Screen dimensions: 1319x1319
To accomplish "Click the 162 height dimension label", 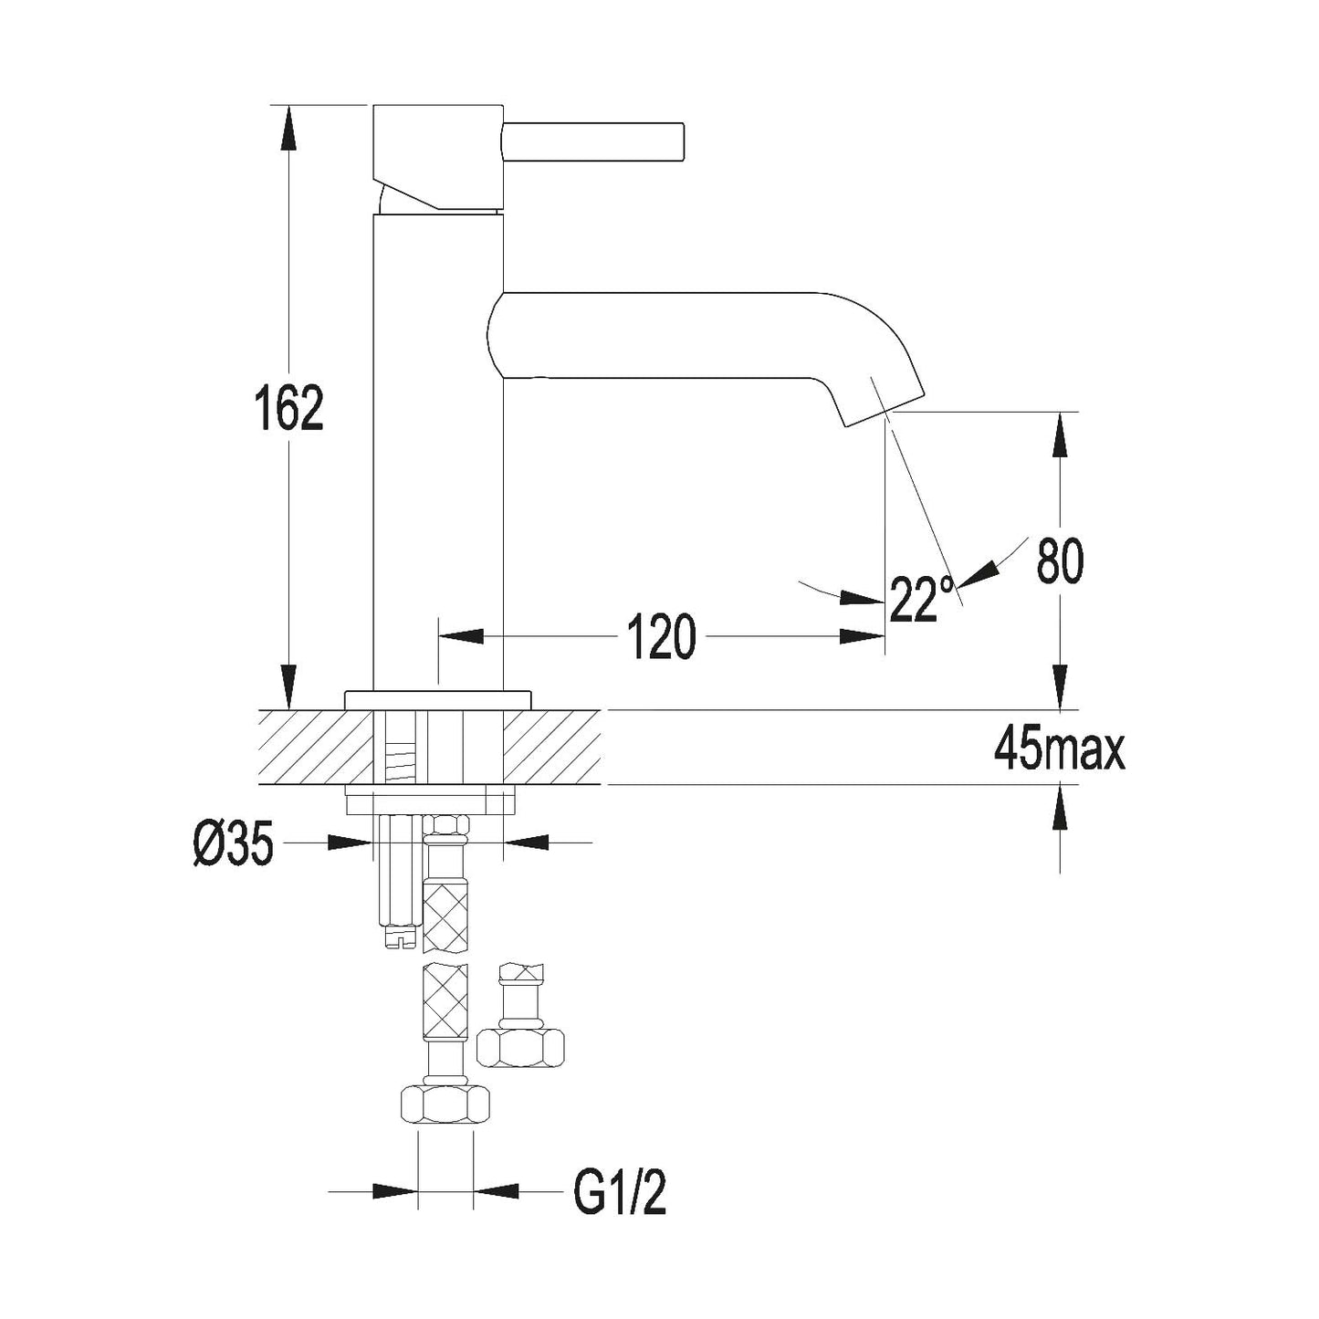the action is [x=288, y=408].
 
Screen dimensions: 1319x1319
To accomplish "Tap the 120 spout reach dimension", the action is [x=661, y=636].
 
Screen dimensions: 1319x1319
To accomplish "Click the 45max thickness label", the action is [x=1059, y=751].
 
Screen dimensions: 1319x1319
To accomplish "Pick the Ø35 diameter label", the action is [x=234, y=843].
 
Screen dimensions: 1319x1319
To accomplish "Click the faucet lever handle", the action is [x=592, y=142].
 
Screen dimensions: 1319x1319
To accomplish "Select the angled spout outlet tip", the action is [x=883, y=408].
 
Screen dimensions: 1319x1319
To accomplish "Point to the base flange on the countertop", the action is [x=438, y=700].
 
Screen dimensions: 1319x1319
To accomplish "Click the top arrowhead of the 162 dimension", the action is [x=288, y=128].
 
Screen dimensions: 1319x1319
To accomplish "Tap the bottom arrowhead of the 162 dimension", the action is [x=288, y=686].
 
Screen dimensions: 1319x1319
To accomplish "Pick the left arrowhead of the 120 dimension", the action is [x=461, y=636].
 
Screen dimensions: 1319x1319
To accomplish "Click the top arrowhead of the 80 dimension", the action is [x=1061, y=434].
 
